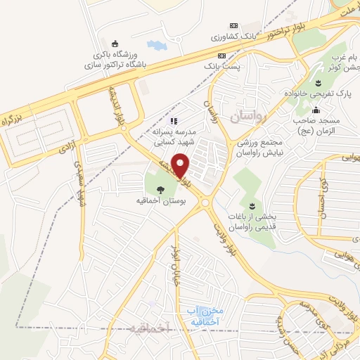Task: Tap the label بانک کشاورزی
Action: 238,35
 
